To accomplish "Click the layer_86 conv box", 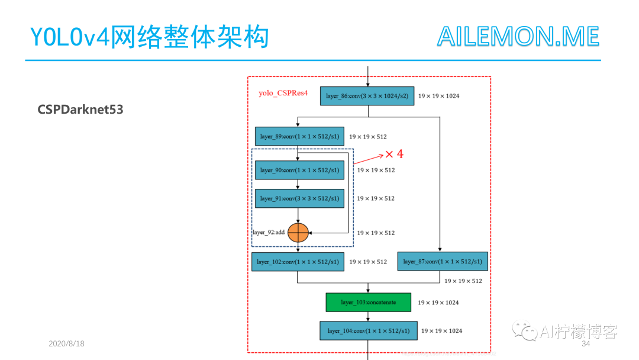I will [x=367, y=96].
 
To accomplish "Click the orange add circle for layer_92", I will [x=298, y=233].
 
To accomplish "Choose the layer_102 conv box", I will [x=298, y=261].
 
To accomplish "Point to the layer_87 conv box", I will [x=443, y=261].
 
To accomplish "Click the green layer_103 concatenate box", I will [x=367, y=302].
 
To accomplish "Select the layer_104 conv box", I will [x=369, y=330].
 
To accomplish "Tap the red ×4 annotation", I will [x=394, y=154].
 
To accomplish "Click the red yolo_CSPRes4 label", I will [x=283, y=93].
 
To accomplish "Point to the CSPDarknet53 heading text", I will [x=80, y=110].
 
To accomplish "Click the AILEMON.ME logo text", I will [x=518, y=37].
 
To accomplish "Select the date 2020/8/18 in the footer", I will [x=66, y=343].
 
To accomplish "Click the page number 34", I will [x=586, y=344].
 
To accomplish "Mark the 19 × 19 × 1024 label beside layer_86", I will [x=438, y=96].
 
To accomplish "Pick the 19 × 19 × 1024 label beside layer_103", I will [x=438, y=303].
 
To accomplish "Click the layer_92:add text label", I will [x=269, y=233].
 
